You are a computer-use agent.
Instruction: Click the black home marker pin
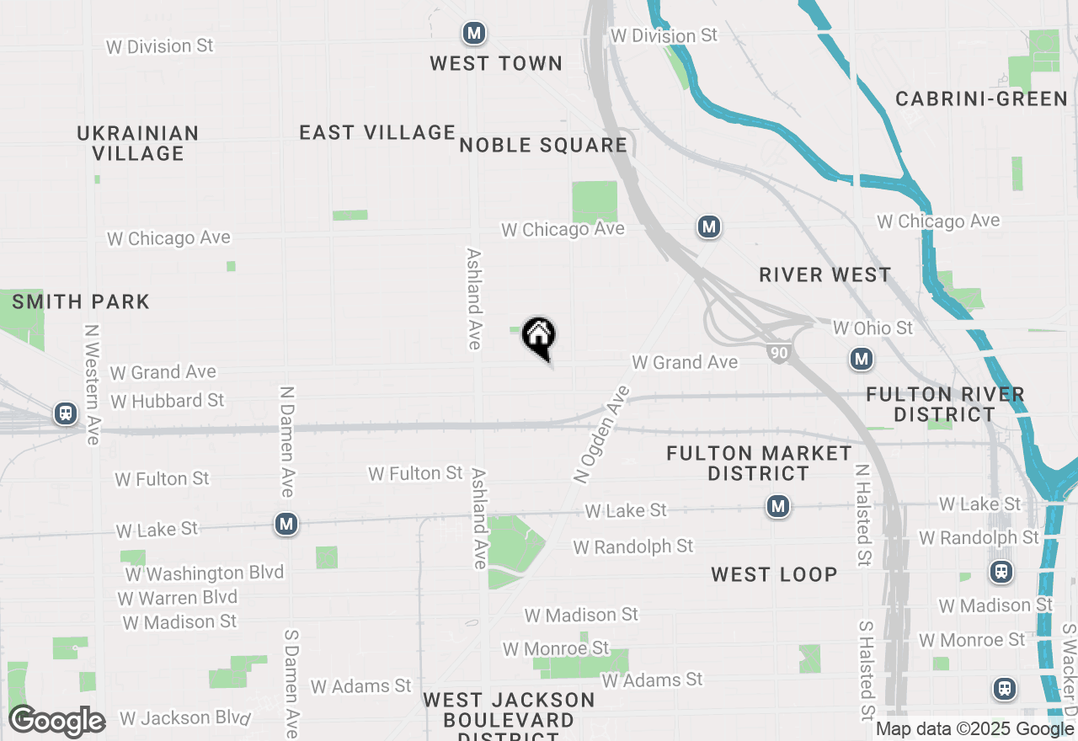tap(539, 337)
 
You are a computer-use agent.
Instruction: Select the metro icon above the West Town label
tap(474, 34)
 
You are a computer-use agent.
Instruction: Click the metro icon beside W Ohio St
tap(861, 360)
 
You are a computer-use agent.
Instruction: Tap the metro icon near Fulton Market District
tap(778, 506)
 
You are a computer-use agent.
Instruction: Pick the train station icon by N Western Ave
tap(65, 413)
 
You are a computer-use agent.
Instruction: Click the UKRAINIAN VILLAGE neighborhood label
tap(138, 143)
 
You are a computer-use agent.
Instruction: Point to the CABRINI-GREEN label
tap(981, 99)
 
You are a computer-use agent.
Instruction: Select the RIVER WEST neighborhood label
tap(825, 275)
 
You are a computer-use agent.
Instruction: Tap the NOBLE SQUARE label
tap(543, 145)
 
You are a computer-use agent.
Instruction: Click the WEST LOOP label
tap(774, 574)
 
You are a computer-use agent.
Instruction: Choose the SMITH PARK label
tap(81, 301)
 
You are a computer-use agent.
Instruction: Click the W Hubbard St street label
tap(168, 401)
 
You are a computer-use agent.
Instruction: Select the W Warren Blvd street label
tap(177, 598)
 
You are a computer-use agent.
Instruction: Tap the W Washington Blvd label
tap(205, 573)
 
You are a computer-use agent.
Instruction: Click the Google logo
tap(56, 721)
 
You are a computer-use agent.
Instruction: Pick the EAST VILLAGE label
tap(377, 132)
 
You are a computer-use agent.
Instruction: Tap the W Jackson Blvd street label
tap(185, 718)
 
